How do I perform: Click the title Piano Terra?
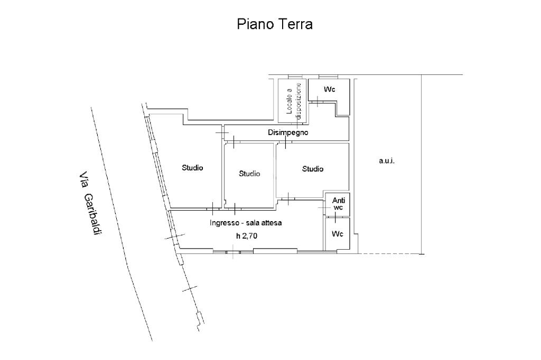click(x=275, y=24)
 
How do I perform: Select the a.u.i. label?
click(x=387, y=160)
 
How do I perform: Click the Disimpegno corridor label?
click(x=288, y=132)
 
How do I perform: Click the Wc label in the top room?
click(x=330, y=89)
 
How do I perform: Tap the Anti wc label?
click(x=339, y=204)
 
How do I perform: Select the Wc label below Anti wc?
click(x=338, y=234)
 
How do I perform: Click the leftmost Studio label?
click(x=192, y=168)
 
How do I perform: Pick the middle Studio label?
click(x=249, y=174)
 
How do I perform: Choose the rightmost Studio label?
click(x=313, y=168)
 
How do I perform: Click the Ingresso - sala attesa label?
click(x=246, y=223)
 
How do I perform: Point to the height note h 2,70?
click(x=247, y=236)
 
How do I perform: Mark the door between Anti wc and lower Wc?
click(x=335, y=217)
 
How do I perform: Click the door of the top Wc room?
click(x=317, y=101)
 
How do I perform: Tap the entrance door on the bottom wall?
click(x=234, y=252)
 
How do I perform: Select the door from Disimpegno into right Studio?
click(x=286, y=141)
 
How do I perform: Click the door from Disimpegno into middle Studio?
click(x=234, y=141)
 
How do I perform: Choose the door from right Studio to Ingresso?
click(x=288, y=198)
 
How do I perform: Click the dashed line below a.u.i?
click(x=389, y=254)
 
